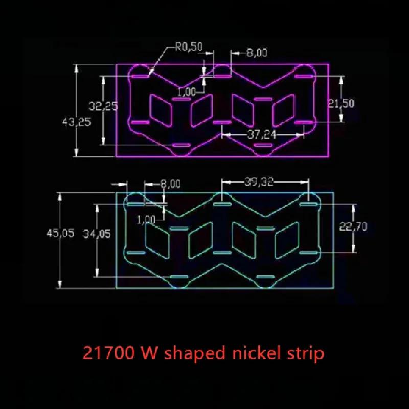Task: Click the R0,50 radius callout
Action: click(x=189, y=47)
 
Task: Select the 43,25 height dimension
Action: click(x=77, y=122)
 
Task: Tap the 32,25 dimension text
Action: click(x=103, y=106)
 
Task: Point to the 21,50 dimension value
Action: click(x=341, y=104)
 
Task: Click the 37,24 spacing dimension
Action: click(x=262, y=134)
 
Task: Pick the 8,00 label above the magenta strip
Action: click(x=257, y=53)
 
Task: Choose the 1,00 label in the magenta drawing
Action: click(x=187, y=92)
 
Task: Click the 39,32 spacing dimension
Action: click(x=259, y=181)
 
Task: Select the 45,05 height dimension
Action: click(x=60, y=233)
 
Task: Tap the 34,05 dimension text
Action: click(x=97, y=234)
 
